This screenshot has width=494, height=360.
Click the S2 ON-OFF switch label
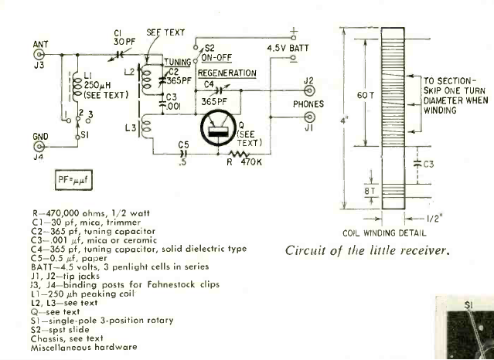point(221,51)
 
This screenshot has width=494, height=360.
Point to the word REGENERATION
point(227,73)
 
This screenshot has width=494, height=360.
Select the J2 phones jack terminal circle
point(309,91)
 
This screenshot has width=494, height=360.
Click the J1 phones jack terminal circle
point(309,117)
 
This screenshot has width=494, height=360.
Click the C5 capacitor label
point(183,144)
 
